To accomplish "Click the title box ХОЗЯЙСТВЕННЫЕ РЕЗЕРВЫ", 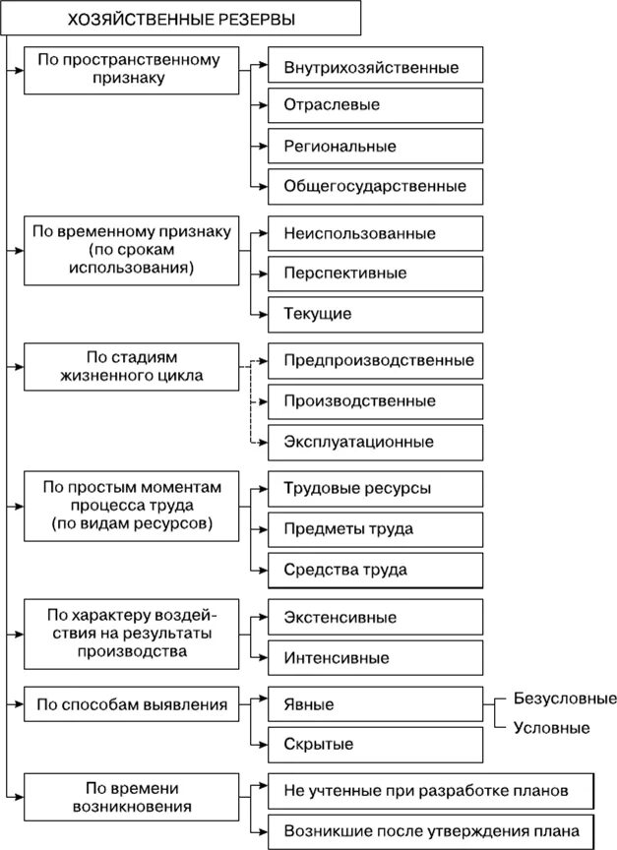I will point(179,19).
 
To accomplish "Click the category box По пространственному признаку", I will point(130,68).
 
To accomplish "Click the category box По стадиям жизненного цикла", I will point(130,367).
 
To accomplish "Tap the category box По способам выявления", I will point(130,704).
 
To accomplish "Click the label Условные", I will point(552,728).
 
